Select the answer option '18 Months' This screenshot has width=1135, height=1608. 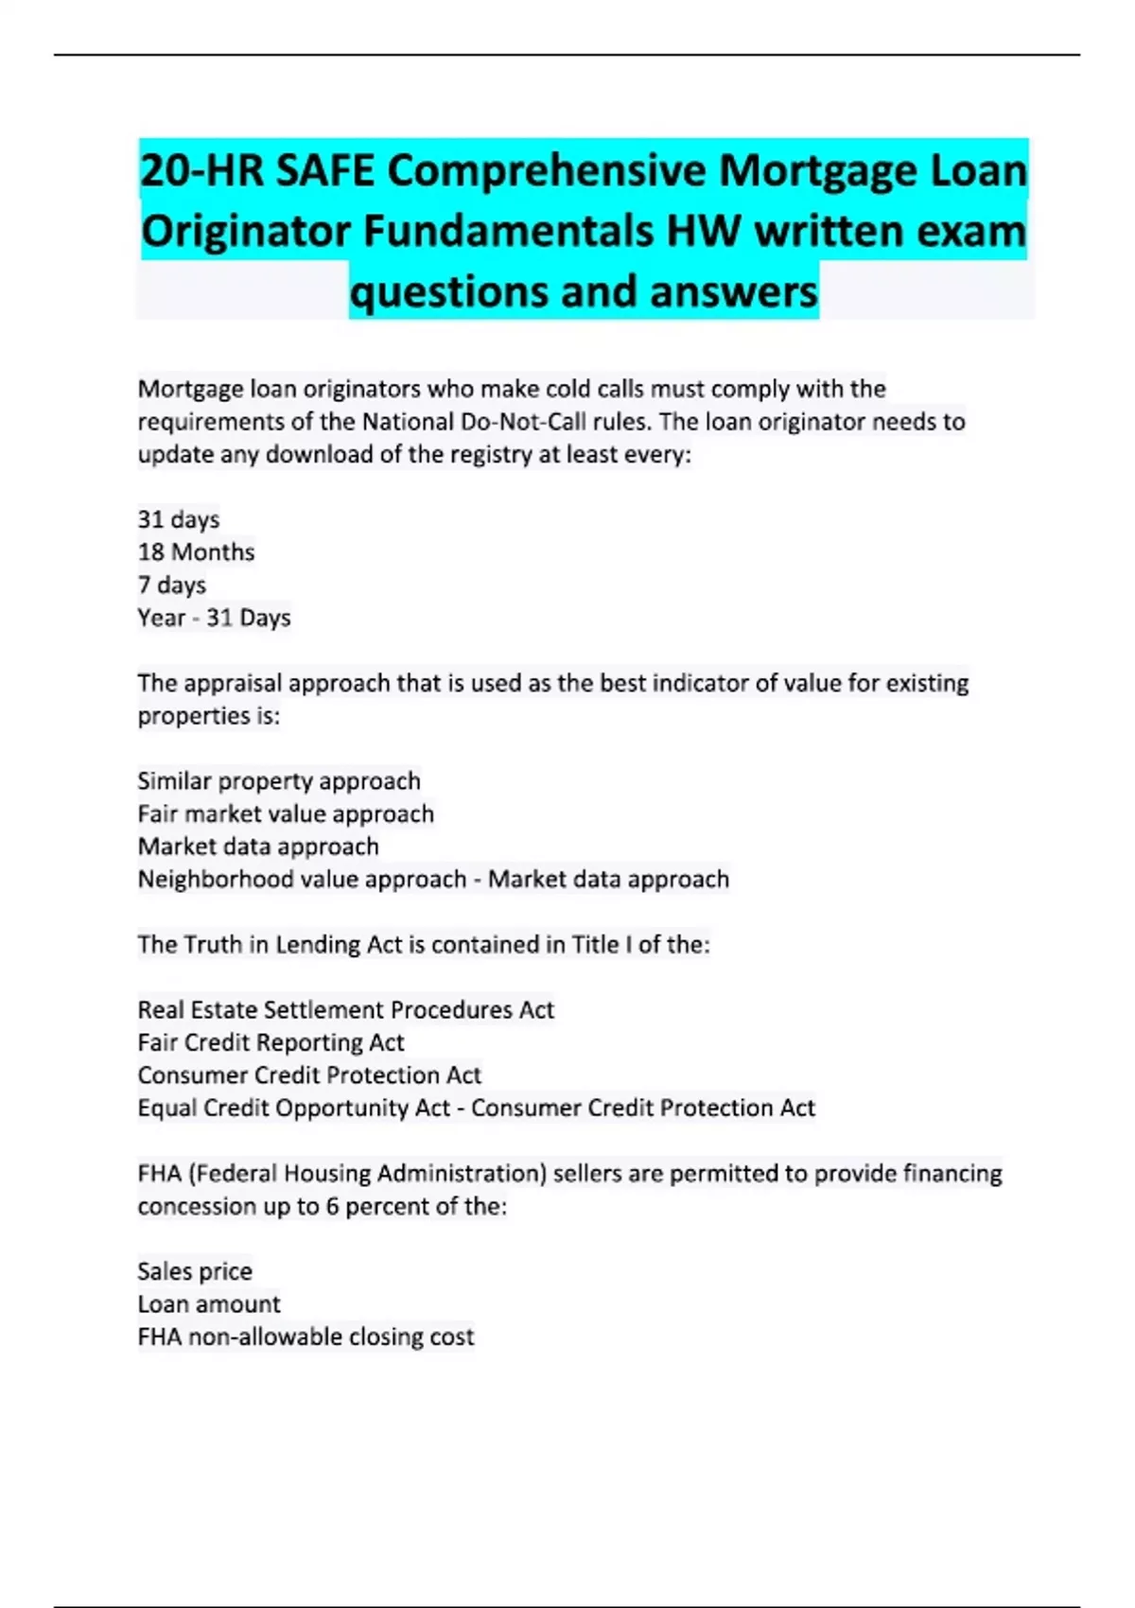[x=196, y=552]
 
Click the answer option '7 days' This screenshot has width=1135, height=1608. [x=171, y=585]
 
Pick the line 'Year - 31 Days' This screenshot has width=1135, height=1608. [x=214, y=618]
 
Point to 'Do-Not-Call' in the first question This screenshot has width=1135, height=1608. [x=523, y=422]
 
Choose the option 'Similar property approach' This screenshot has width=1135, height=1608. [x=278, y=781]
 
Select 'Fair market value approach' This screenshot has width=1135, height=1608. [x=285, y=813]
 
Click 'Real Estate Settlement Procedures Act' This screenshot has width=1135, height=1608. [x=345, y=1010]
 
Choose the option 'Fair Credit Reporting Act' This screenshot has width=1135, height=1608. [x=271, y=1042]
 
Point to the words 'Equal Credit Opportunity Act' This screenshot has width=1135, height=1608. [x=293, y=1108]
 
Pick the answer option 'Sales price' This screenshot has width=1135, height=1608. [x=195, y=1271]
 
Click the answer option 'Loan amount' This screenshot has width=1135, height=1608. [x=208, y=1304]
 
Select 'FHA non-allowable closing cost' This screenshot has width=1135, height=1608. [x=305, y=1337]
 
